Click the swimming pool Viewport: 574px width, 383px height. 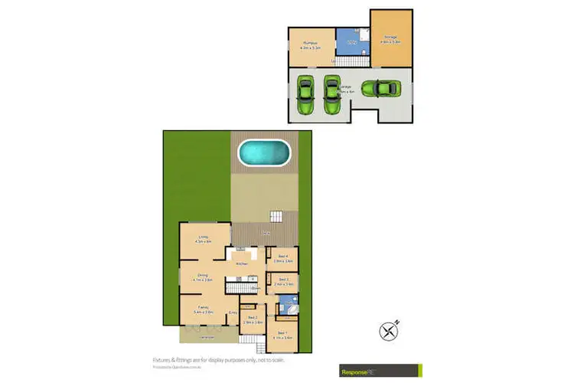(x=265, y=153)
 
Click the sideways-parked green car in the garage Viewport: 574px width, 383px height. (x=380, y=89)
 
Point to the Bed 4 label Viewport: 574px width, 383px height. (x=282, y=259)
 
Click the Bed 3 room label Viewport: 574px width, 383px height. (x=282, y=282)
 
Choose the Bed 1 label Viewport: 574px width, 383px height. (x=282, y=334)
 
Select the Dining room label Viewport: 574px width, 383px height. (x=203, y=278)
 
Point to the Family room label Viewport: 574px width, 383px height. (x=203, y=311)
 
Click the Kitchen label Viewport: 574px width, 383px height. (x=242, y=264)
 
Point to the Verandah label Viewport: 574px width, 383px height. (x=203, y=336)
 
